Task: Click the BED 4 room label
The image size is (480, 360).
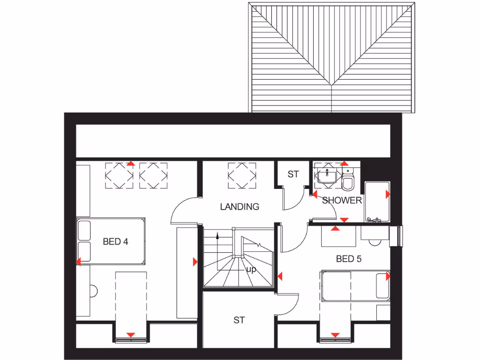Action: click(116, 242)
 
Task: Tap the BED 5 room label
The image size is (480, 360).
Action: click(349, 259)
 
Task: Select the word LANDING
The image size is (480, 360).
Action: click(240, 206)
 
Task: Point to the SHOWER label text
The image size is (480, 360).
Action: click(342, 201)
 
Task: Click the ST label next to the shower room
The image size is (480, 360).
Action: click(293, 174)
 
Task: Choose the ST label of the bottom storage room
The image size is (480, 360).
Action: click(239, 321)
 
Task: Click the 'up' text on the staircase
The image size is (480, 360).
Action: click(251, 270)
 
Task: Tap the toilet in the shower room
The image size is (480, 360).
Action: click(348, 180)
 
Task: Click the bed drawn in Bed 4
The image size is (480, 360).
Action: click(111, 241)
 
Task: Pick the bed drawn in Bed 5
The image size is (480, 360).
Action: click(355, 285)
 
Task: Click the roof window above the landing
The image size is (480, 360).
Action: click(242, 176)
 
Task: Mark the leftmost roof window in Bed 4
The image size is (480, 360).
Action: click(119, 176)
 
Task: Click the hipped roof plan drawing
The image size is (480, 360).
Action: click(332, 57)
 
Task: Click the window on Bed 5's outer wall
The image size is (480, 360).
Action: click(400, 236)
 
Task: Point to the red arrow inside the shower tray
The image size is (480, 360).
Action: click(388, 194)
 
